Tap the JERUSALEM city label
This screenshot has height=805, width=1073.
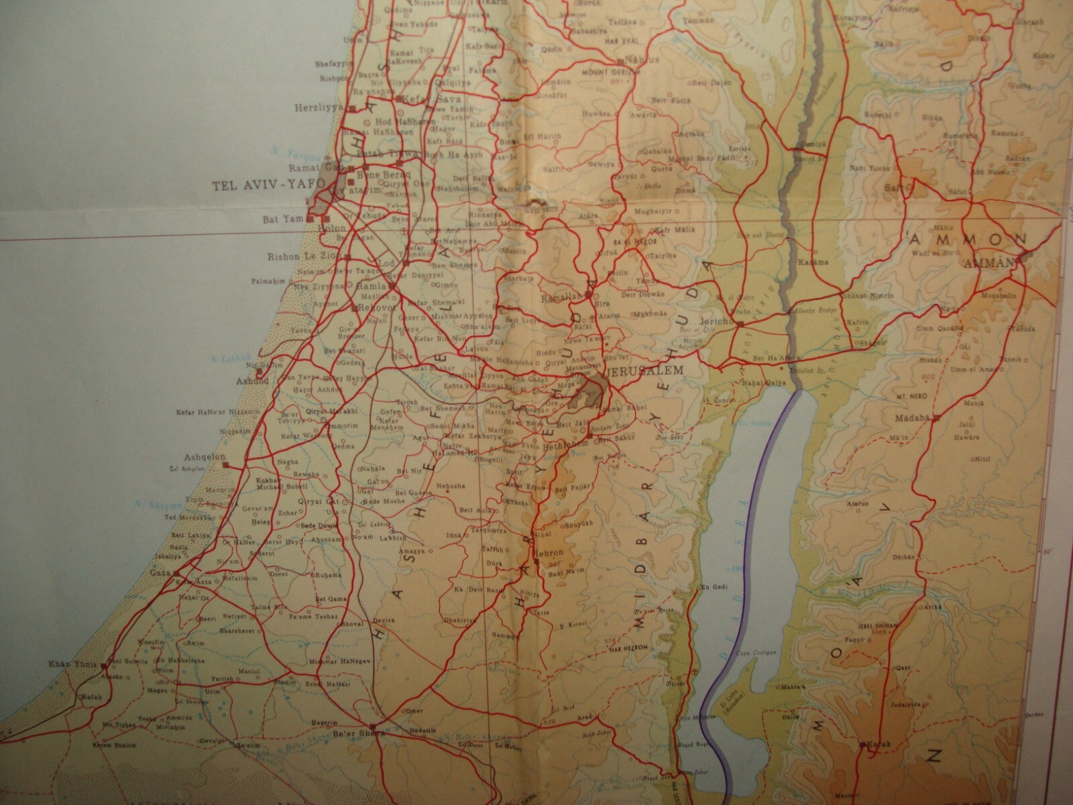click(646, 370)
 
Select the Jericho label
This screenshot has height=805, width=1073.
click(717, 321)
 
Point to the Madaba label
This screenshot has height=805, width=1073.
click(913, 418)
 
